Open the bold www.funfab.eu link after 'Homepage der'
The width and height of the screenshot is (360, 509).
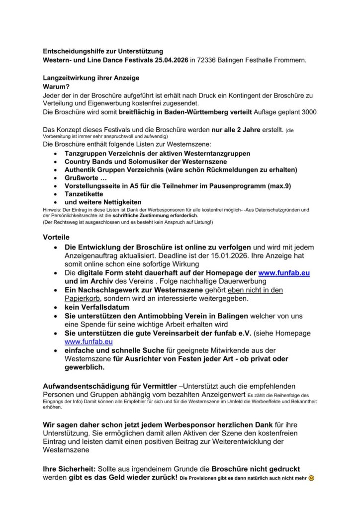click(284, 273)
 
